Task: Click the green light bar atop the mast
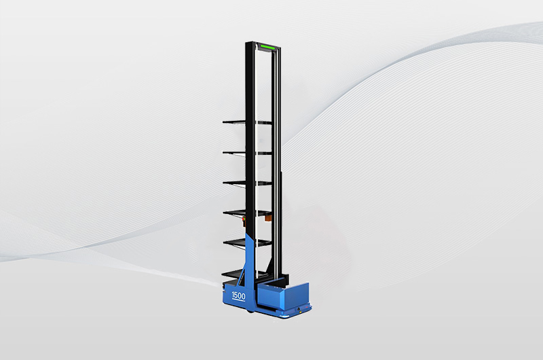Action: (x=267, y=47)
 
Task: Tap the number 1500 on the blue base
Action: (x=238, y=295)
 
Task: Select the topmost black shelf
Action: (x=247, y=122)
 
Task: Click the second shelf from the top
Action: (x=247, y=152)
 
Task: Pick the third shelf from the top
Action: (x=247, y=183)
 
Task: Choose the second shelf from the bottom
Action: (x=247, y=243)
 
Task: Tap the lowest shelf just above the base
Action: (x=239, y=274)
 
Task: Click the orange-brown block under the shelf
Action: (x=268, y=217)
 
